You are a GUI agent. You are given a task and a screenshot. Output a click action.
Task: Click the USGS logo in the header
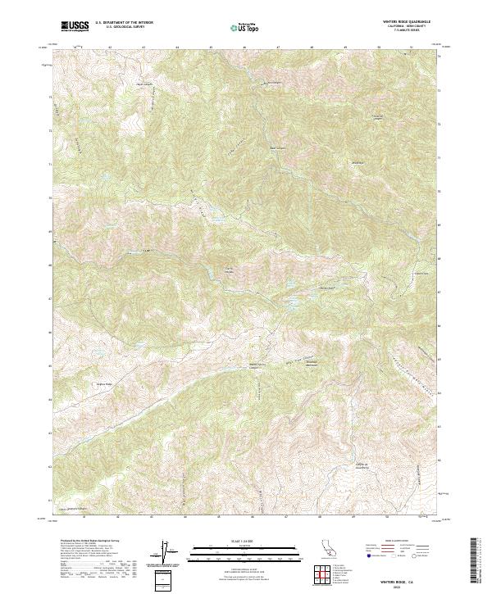point(75,26)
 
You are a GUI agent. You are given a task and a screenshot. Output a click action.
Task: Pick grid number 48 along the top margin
point(312,48)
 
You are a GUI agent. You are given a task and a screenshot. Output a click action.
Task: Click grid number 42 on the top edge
point(110,48)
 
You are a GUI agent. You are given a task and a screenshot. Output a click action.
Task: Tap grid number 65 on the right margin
point(440,359)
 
